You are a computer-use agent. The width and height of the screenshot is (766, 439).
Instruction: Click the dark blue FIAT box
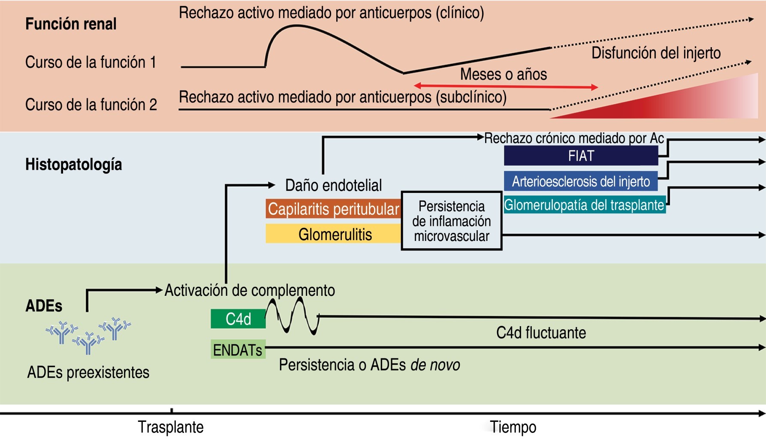click(581, 156)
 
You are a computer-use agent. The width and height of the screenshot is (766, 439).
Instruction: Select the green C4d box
click(238, 319)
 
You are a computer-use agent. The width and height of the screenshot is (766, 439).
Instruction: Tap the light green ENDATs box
click(238, 350)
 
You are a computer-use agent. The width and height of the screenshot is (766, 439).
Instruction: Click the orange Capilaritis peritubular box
click(333, 209)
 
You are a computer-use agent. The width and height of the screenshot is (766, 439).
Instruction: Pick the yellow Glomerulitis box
click(333, 234)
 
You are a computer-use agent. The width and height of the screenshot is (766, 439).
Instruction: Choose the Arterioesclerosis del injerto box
click(581, 181)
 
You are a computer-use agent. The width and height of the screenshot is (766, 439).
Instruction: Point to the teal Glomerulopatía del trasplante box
click(584, 205)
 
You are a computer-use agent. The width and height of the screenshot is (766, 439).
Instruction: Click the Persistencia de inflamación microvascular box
click(452, 221)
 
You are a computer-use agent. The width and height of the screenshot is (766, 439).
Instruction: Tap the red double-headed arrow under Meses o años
click(506, 87)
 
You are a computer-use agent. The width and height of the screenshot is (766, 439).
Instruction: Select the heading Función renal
click(71, 24)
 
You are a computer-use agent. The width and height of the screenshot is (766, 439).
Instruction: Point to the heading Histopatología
click(73, 164)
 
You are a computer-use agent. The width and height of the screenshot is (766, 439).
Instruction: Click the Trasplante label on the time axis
click(171, 427)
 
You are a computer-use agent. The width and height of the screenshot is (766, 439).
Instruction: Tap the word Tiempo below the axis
click(513, 427)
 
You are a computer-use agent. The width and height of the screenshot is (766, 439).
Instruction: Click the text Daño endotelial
click(333, 185)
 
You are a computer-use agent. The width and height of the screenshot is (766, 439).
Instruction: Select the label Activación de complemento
click(250, 290)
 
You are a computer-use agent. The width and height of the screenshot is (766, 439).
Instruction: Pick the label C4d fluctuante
click(541, 333)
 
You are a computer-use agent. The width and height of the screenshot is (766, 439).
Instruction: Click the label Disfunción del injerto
click(656, 53)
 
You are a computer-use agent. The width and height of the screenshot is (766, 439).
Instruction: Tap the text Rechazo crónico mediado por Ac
click(574, 138)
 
